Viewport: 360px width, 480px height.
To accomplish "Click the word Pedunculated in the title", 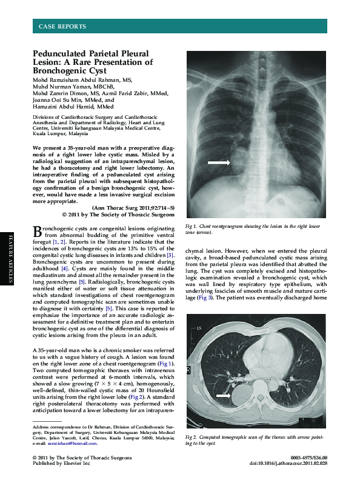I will pos(60,54).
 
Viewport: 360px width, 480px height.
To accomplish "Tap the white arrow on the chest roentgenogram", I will pos(219,162).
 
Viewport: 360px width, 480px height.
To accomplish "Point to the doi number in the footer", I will pos(297,463).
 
